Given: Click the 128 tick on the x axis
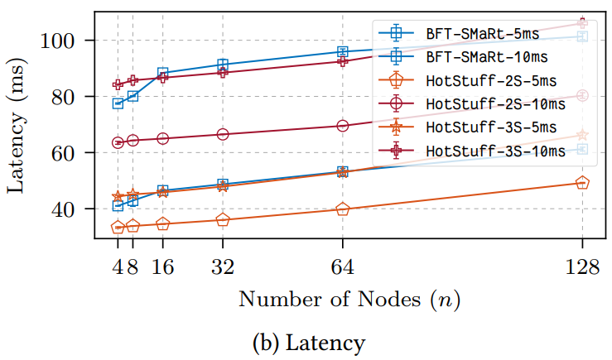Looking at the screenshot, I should pyautogui.click(x=582, y=266).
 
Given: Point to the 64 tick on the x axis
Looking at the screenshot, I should pyautogui.click(x=343, y=266).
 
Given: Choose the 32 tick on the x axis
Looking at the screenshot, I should pyautogui.click(x=223, y=266).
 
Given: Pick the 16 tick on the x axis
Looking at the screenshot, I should pyautogui.click(x=163, y=266).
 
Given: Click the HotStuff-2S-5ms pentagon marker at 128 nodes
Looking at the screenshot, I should pyautogui.click(x=582, y=183).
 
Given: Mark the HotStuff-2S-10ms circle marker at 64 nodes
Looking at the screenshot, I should pyautogui.click(x=343, y=126).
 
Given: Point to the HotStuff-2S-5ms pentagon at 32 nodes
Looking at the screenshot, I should pyautogui.click(x=223, y=220).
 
